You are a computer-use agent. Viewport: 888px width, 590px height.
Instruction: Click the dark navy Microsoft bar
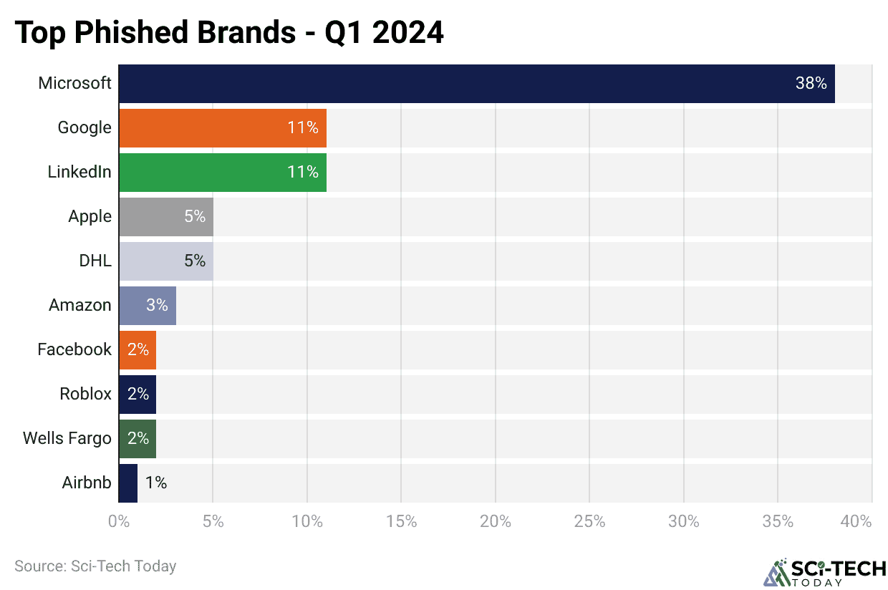tap(476, 84)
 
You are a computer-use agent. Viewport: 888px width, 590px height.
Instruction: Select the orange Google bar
tap(222, 128)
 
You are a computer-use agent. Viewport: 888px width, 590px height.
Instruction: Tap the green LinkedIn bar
tap(222, 173)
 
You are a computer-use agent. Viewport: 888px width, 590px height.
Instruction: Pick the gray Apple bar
tap(165, 217)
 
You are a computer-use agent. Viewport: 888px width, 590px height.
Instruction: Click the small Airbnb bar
tap(127, 483)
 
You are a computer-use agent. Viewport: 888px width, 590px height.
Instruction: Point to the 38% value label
tap(811, 84)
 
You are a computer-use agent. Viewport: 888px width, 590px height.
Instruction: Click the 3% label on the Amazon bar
tap(157, 306)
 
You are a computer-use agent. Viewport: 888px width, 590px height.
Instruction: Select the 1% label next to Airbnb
tap(155, 483)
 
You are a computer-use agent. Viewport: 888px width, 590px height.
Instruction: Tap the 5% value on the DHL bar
tap(194, 261)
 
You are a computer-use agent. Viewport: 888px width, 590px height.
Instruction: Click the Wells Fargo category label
tap(67, 438)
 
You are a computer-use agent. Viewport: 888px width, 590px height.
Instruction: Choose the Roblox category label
tap(86, 394)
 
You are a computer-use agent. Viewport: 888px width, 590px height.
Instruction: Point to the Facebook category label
tap(74, 349)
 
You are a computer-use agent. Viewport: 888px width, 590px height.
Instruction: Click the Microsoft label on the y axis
tap(74, 84)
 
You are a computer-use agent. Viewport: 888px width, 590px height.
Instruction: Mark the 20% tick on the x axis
tap(495, 521)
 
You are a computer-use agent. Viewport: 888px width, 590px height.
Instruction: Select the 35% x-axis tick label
tap(778, 521)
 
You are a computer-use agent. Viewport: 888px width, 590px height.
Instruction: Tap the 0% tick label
tap(119, 521)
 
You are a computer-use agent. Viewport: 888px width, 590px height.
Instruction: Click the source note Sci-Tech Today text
tap(95, 566)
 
